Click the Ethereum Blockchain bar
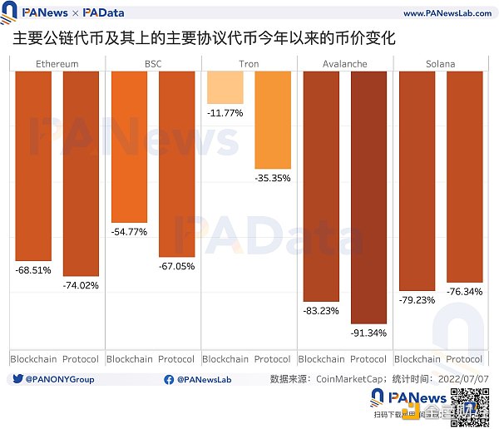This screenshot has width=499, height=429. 33,165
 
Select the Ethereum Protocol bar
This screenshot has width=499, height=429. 81,175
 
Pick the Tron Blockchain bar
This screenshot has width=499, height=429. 225,87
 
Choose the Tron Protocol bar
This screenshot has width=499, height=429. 273,121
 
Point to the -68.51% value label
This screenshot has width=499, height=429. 33,270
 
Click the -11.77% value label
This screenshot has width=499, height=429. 225,113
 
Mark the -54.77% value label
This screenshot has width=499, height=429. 129,232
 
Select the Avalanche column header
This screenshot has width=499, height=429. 344,64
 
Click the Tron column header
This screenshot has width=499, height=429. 249,64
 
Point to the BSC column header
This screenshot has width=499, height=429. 153,64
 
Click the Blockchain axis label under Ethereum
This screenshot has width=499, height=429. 33,359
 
